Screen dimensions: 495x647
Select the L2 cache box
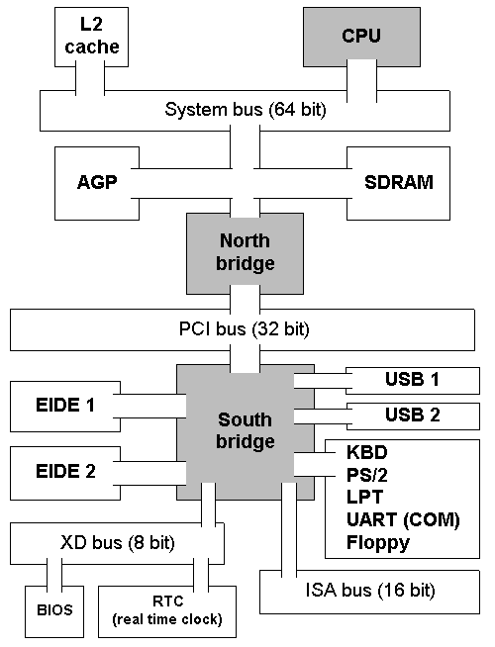(91, 37)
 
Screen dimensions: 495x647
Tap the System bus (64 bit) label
(246, 110)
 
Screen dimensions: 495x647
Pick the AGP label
(97, 182)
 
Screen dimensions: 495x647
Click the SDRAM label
(399, 182)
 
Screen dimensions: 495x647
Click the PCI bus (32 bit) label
(244, 329)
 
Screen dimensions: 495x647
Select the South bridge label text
(246, 430)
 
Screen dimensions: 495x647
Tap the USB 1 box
(413, 380)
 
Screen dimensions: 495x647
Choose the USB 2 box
(413, 416)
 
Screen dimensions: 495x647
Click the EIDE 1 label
(65, 406)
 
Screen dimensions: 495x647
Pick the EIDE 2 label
(65, 471)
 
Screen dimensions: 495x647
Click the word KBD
(367, 453)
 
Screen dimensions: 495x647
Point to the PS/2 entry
(367, 475)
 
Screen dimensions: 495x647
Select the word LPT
(365, 498)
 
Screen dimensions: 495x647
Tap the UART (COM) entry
(403, 520)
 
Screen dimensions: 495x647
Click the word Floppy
(378, 543)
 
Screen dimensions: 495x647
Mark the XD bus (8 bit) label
(118, 543)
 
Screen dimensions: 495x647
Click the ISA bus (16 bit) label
(370, 591)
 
